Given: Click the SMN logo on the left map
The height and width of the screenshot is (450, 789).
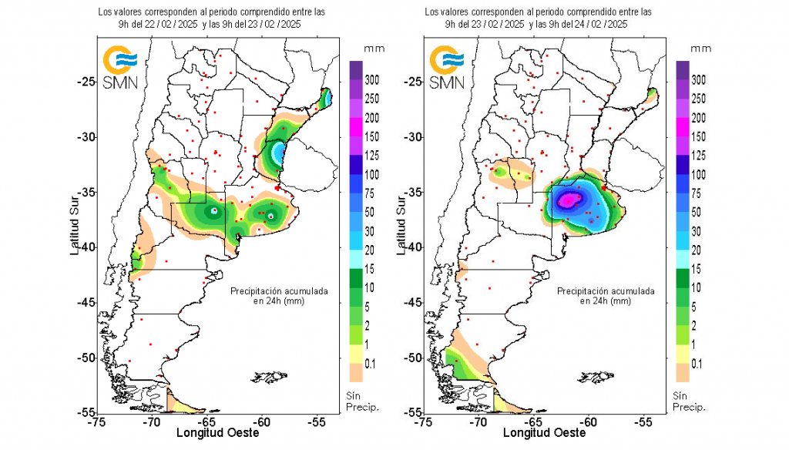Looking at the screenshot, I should [x=120, y=68].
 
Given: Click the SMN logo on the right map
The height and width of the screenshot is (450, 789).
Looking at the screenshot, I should [x=446, y=68].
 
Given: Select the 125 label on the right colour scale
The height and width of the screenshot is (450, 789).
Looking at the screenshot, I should [x=699, y=156].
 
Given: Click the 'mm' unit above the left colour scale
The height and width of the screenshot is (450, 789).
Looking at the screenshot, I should [x=375, y=48].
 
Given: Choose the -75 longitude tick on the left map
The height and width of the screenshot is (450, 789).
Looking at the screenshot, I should [x=97, y=421].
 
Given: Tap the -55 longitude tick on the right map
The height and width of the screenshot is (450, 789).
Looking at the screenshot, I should [x=643, y=421].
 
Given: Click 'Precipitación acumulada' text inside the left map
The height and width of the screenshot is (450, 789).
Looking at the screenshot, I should [x=280, y=291].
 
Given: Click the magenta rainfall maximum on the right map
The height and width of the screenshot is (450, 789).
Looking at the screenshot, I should [x=569, y=200].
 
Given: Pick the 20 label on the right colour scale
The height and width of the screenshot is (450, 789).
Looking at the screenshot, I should [x=700, y=250].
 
